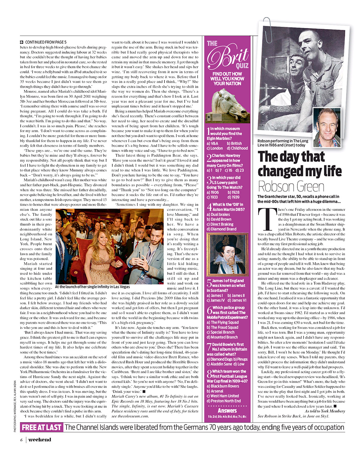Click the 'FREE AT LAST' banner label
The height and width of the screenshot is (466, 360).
pos(42,427)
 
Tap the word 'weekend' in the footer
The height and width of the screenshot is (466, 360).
pos(39,440)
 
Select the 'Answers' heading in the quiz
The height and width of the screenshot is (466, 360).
pos(227,410)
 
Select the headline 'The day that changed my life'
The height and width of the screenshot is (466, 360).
pos(297,163)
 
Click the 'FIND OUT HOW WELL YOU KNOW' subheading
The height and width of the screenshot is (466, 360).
pos(227,78)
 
